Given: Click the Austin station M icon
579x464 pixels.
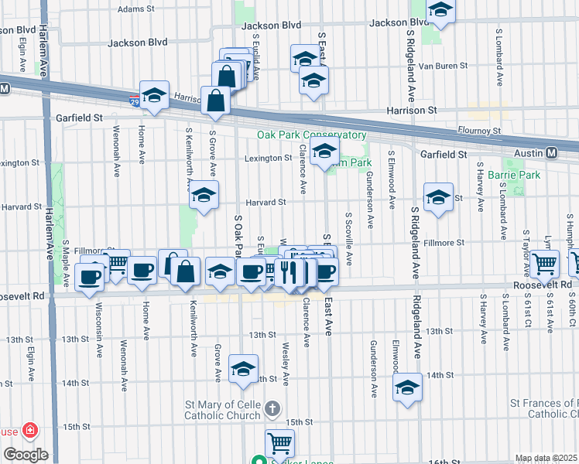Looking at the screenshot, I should tap(553, 153).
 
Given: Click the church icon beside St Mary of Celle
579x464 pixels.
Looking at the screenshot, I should tap(272, 408).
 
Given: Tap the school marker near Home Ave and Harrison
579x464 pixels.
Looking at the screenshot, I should tap(154, 95).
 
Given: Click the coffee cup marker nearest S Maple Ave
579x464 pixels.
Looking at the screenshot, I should tap(91, 277).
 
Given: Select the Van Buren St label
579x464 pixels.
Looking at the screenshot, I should tap(443, 66).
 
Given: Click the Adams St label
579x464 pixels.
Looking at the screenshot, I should tap(137, 9).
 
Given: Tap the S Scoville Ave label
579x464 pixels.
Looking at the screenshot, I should tap(349, 240).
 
